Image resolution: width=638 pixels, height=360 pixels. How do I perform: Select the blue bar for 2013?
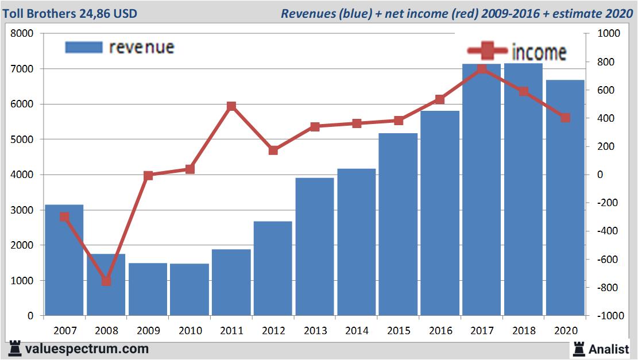point(315,247)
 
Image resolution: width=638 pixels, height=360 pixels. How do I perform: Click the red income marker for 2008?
point(106,281)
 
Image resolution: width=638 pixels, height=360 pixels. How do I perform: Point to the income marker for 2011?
point(231,106)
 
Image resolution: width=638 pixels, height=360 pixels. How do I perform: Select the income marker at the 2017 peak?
point(482,69)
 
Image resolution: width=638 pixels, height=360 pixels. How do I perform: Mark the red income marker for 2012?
point(273,150)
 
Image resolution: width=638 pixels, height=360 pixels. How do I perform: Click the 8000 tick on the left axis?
point(24,34)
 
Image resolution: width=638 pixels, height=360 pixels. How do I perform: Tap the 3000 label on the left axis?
point(24,210)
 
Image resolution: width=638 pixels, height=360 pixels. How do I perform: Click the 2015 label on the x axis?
point(398,331)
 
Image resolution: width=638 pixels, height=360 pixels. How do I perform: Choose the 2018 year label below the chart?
point(524,331)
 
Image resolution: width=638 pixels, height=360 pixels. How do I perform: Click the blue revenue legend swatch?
point(83,47)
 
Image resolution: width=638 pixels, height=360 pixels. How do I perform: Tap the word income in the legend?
point(538,53)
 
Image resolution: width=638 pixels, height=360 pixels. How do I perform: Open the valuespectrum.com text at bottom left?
point(86,349)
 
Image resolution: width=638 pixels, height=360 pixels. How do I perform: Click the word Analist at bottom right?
point(609,349)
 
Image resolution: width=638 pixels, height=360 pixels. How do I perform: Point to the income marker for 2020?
point(565,118)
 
